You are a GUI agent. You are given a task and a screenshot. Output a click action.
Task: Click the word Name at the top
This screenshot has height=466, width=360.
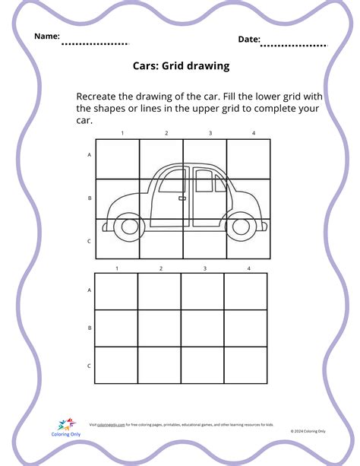pyautogui.click(x=46, y=36)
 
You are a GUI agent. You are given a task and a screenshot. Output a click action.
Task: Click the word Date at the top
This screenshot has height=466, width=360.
pyautogui.click(x=249, y=39)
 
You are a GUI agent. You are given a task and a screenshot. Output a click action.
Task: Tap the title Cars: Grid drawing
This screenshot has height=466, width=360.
pyautogui.click(x=180, y=66)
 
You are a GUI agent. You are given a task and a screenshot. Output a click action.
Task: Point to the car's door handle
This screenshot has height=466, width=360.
pyautogui.click(x=182, y=199)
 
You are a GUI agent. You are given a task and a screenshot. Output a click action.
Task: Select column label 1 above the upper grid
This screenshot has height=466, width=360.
pyautogui.click(x=122, y=134)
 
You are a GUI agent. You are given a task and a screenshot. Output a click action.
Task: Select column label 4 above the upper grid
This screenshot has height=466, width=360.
pyautogui.click(x=254, y=134)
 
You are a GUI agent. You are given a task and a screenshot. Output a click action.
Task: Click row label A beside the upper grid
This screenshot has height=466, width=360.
pyautogui.click(x=89, y=154)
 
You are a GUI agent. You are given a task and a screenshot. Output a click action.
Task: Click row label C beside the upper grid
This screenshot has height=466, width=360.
pyautogui.click(x=89, y=241)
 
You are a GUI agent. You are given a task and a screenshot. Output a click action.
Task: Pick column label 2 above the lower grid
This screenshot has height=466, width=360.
pyautogui.click(x=160, y=268)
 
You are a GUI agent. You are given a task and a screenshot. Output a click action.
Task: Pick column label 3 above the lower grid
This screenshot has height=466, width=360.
pyautogui.click(x=204, y=268)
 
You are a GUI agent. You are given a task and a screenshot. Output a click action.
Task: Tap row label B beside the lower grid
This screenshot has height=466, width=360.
pyautogui.click(x=89, y=328)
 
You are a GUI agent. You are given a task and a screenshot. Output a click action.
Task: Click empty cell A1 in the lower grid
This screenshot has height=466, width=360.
pyautogui.click(x=116, y=292)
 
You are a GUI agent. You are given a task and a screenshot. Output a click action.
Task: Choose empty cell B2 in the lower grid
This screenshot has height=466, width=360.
pyautogui.click(x=159, y=328)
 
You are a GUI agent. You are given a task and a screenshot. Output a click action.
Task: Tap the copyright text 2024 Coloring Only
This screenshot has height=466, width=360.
pyautogui.click(x=308, y=430)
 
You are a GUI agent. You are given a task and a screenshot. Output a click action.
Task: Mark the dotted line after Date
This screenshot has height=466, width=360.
pyautogui.click(x=294, y=46)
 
